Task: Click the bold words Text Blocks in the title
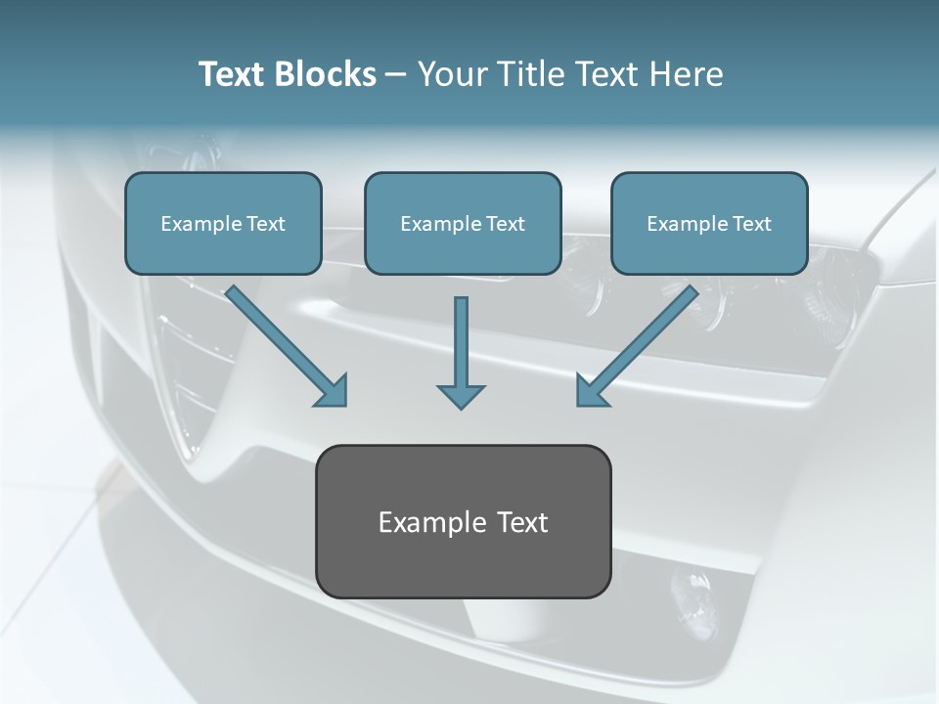tap(288, 74)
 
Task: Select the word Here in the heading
tap(687, 74)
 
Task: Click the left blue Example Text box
tap(223, 223)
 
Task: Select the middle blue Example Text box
tap(463, 223)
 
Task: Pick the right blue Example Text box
tap(710, 223)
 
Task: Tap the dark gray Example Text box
tap(464, 521)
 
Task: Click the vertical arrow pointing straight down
tap(461, 353)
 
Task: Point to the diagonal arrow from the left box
tap(287, 346)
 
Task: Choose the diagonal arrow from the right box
tap(637, 346)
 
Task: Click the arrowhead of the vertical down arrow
tap(461, 397)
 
